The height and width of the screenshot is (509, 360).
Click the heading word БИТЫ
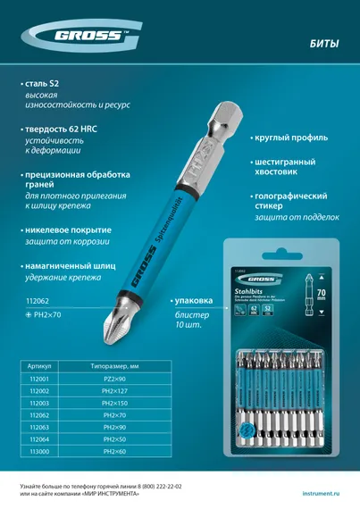click(x=322, y=41)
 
